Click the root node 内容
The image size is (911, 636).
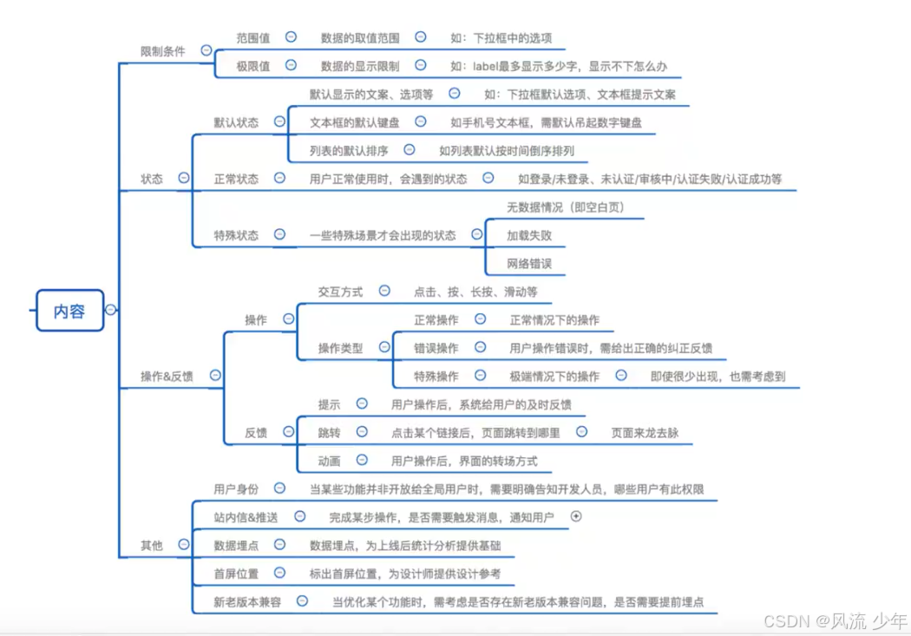point(69,311)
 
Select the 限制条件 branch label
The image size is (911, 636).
point(163,51)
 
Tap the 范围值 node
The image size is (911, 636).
point(253,38)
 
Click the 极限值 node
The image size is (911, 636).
point(253,66)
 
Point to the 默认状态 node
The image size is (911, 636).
point(236,122)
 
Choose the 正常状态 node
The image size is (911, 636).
point(236,179)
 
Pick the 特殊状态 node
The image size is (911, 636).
point(236,235)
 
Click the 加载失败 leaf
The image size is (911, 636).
point(529,235)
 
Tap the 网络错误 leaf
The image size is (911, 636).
point(529,263)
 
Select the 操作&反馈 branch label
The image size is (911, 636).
point(167,377)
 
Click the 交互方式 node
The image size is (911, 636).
point(340,292)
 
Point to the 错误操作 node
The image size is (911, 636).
point(436,348)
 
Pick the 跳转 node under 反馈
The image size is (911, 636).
point(329,432)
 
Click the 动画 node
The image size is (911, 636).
point(329,461)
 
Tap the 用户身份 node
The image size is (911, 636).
point(236,489)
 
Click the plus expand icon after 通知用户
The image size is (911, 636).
point(576,516)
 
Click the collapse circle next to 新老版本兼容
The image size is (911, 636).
point(301,600)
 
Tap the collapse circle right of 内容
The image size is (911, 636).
point(110,310)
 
